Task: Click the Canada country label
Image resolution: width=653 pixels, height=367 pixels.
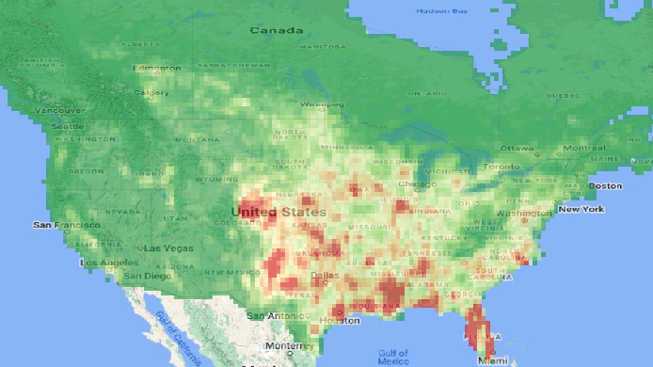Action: [x=276, y=30]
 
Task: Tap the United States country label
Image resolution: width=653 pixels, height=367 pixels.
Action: [x=279, y=212]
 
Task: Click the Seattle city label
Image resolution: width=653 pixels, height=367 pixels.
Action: [x=67, y=126]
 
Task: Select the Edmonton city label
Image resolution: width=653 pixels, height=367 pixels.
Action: [x=157, y=68]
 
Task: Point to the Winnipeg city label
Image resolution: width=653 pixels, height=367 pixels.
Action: [x=322, y=104]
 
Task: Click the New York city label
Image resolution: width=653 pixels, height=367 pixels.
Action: [x=581, y=209]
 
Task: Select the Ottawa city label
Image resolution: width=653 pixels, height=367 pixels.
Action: [x=517, y=149]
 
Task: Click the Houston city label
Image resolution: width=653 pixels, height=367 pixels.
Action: [x=340, y=321]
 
